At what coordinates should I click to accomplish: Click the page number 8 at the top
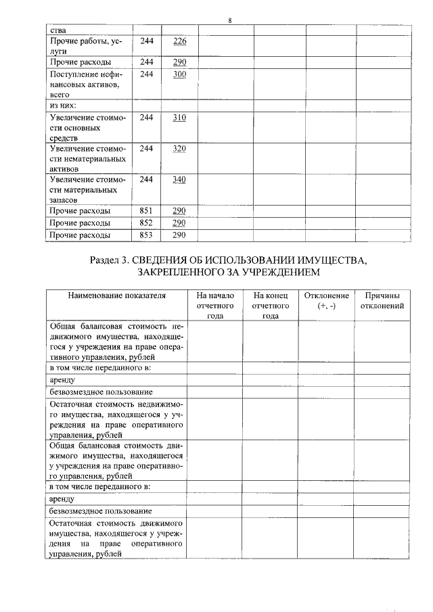230,20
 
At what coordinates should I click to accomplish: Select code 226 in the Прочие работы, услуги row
179,42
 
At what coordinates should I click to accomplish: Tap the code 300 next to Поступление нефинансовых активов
179,74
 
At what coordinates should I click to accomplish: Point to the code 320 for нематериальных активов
179,148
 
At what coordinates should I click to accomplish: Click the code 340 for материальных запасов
179,179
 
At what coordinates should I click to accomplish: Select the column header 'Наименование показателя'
116,296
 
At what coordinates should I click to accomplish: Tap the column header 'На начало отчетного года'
215,306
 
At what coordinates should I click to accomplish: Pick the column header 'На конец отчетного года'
271,306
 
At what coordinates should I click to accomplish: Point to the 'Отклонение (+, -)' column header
326,300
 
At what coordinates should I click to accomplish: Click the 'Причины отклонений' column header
382,300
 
